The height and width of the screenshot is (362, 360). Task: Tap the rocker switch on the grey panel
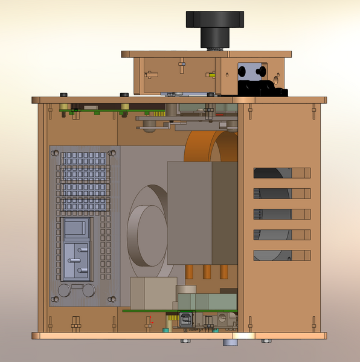tap(77, 229)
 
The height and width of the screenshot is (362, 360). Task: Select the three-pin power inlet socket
tap(77, 261)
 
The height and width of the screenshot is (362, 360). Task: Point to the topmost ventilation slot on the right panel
tap(281, 173)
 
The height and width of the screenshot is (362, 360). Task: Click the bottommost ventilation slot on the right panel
tap(281, 255)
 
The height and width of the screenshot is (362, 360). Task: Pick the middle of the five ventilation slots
tap(281, 214)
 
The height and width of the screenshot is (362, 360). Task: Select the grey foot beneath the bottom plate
tap(230, 343)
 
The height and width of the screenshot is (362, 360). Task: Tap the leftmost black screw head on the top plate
tap(63, 95)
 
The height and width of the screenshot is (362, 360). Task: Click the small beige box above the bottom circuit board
tap(153, 293)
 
